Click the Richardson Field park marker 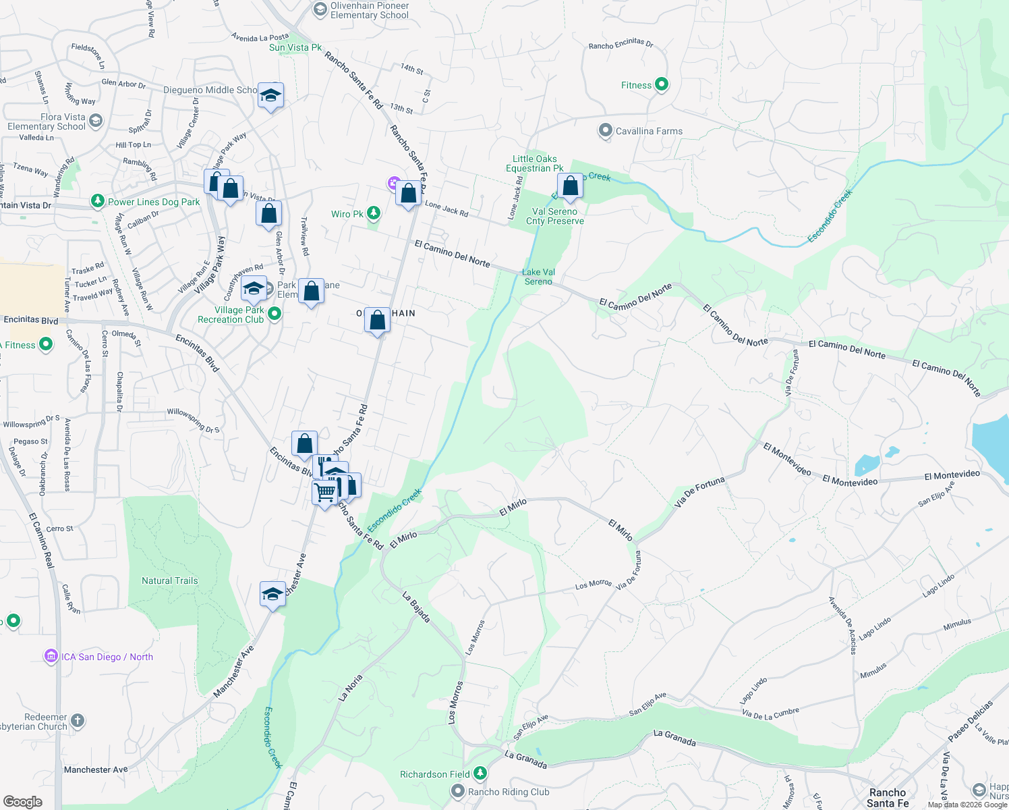(x=480, y=772)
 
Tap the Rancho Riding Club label (x=509, y=792)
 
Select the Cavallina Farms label (x=649, y=131)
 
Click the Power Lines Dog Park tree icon (x=98, y=201)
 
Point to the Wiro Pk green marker (x=373, y=213)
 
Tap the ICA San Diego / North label (x=107, y=657)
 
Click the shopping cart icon (x=325, y=492)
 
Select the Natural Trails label (x=170, y=580)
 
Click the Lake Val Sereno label (x=538, y=277)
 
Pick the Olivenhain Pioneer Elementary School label (x=370, y=10)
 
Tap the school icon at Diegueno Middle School (x=270, y=96)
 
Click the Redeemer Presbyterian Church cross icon (x=78, y=720)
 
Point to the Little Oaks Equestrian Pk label (x=535, y=163)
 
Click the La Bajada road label (x=416, y=606)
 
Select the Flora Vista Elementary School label (x=47, y=122)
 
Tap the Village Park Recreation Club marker (x=275, y=313)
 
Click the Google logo (x=23, y=801)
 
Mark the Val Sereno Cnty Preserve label (x=555, y=216)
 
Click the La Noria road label (x=351, y=687)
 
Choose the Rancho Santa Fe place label (x=888, y=797)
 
